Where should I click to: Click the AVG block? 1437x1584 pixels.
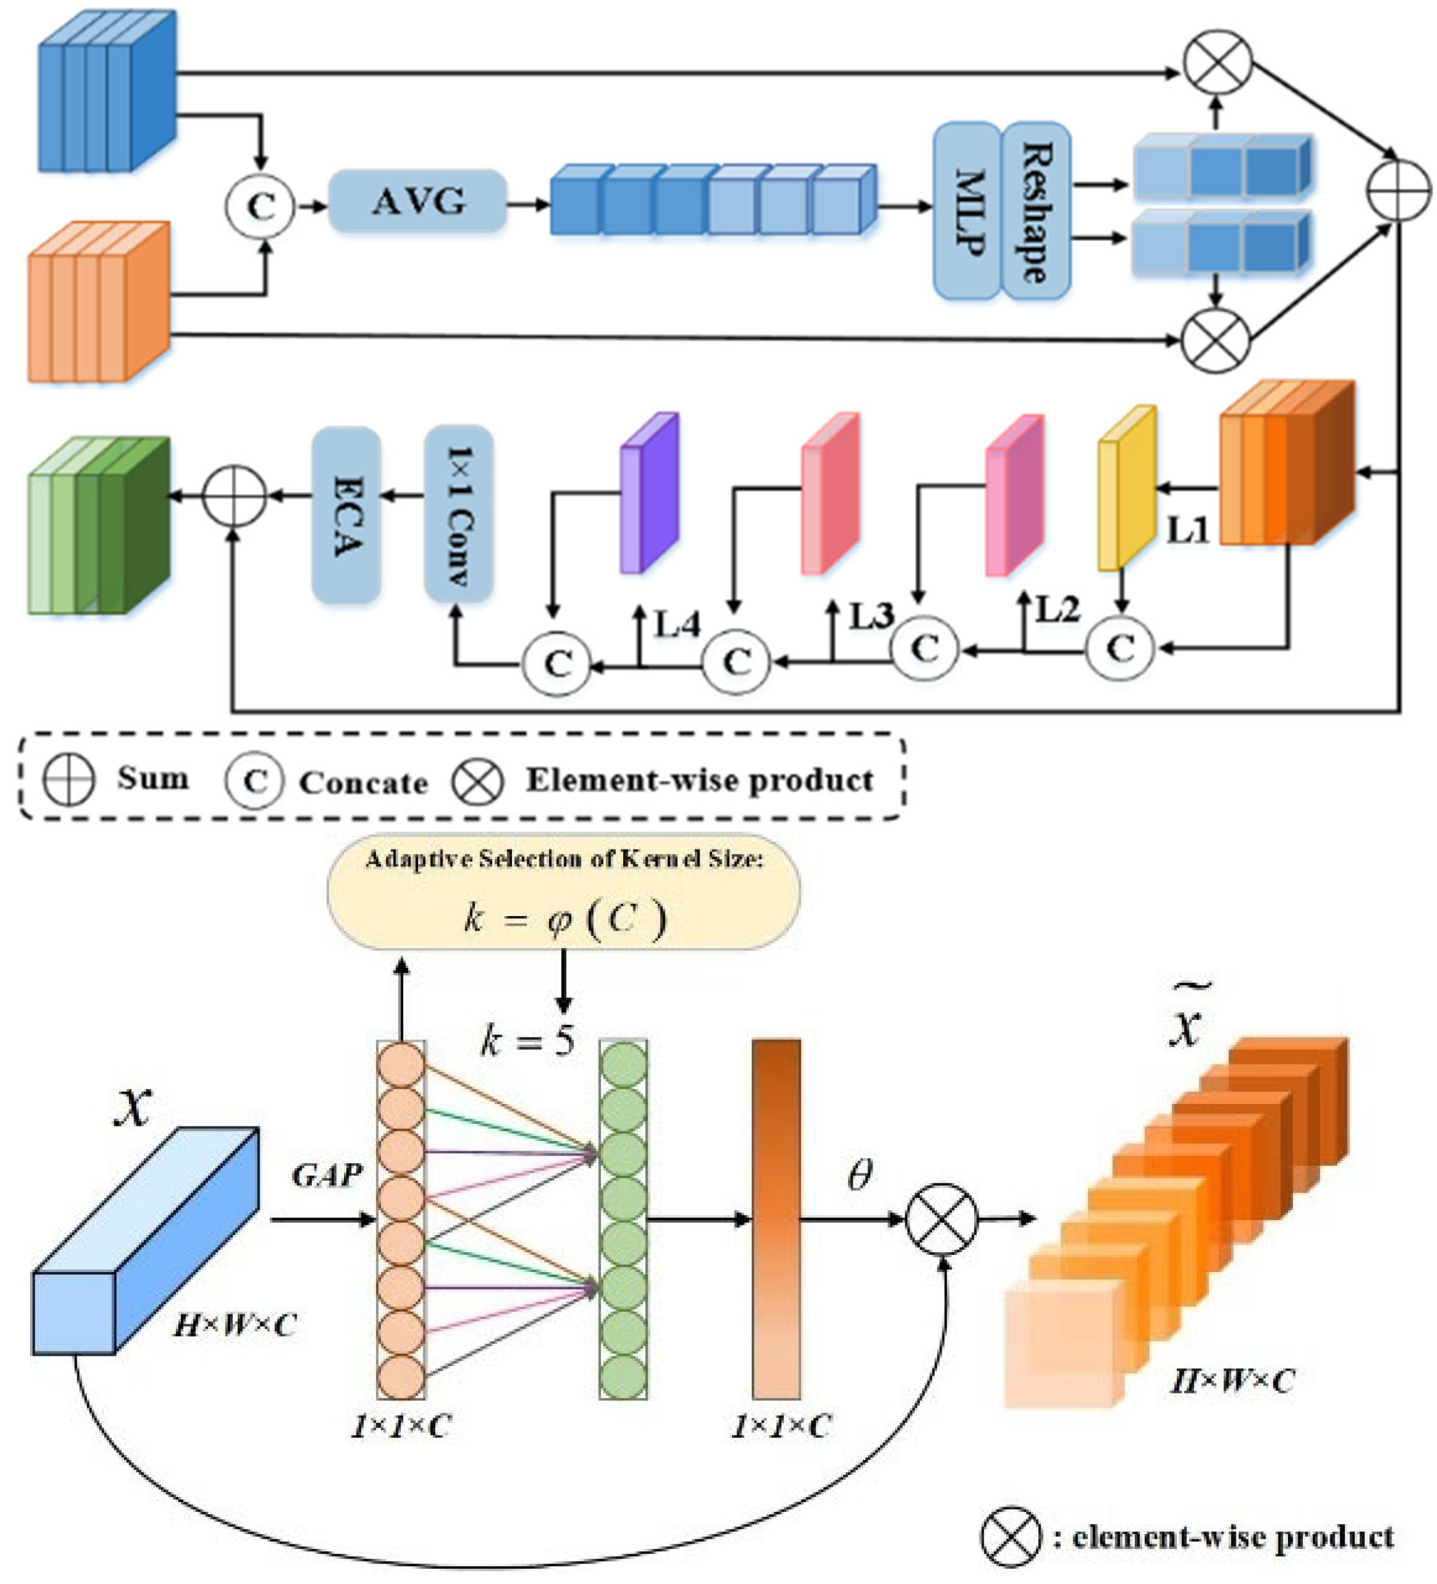(417, 202)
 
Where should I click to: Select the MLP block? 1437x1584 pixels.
(967, 210)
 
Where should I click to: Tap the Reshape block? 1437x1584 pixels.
(1036, 210)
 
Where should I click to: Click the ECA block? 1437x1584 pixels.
(346, 515)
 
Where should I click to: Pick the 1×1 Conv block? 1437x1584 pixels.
(459, 515)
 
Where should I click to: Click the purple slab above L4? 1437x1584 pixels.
(649, 493)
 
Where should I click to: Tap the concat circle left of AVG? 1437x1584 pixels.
(260, 206)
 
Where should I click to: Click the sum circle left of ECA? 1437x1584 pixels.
(234, 496)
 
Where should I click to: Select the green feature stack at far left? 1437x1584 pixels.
(98, 525)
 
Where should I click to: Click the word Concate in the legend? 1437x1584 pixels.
(363, 782)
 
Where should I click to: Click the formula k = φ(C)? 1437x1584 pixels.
(564, 918)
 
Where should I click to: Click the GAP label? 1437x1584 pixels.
(327, 1176)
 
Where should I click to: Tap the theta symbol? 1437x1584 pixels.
(860, 1176)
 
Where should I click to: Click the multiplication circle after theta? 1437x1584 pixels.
(942, 1220)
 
